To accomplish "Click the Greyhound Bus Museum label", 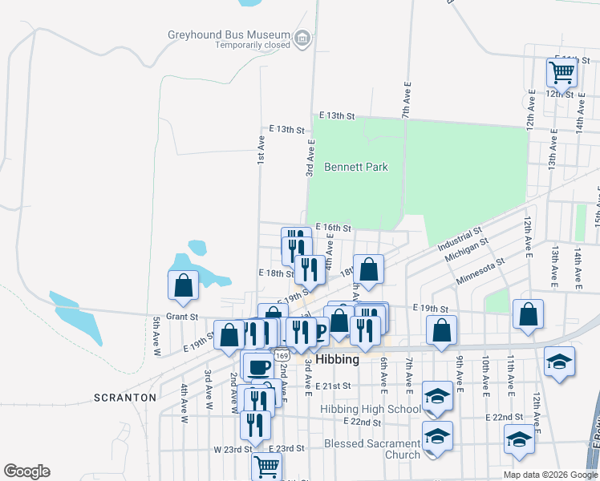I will coord(229,35).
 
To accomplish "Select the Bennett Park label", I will coord(356,167).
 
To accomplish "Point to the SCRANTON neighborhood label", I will coord(124,397).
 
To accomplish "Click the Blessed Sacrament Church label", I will coord(372,449).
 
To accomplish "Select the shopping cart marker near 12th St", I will coord(561,72).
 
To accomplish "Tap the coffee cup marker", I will coord(257,366).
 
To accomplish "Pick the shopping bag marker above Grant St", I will coord(184,285).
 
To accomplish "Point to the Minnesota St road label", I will coord(480,271).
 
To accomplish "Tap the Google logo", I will coord(26,471).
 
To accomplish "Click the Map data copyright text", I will coord(549,475).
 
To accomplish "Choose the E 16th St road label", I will coord(334,228).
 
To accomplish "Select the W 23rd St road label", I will coord(238,450).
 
